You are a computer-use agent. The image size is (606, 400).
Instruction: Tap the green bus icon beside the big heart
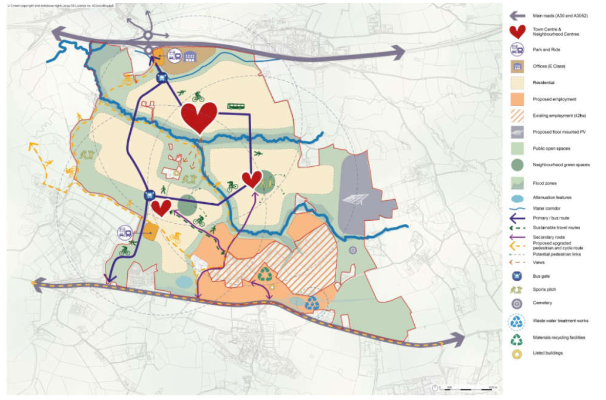click(x=236, y=106)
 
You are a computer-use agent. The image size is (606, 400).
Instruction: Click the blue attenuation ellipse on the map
click(x=185, y=282)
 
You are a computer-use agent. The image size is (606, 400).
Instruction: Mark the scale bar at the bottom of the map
click(x=466, y=388)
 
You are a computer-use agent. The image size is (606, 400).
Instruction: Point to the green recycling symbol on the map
click(x=265, y=274)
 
